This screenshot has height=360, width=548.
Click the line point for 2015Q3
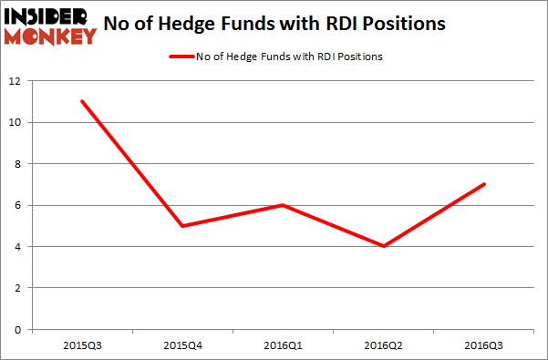(x=82, y=101)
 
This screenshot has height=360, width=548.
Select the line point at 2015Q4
(x=184, y=226)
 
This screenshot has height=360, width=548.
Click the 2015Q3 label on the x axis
(x=82, y=345)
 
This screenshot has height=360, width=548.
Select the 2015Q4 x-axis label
(x=184, y=345)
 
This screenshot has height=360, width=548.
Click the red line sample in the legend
(x=180, y=57)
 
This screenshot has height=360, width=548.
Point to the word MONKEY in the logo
(x=53, y=36)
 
